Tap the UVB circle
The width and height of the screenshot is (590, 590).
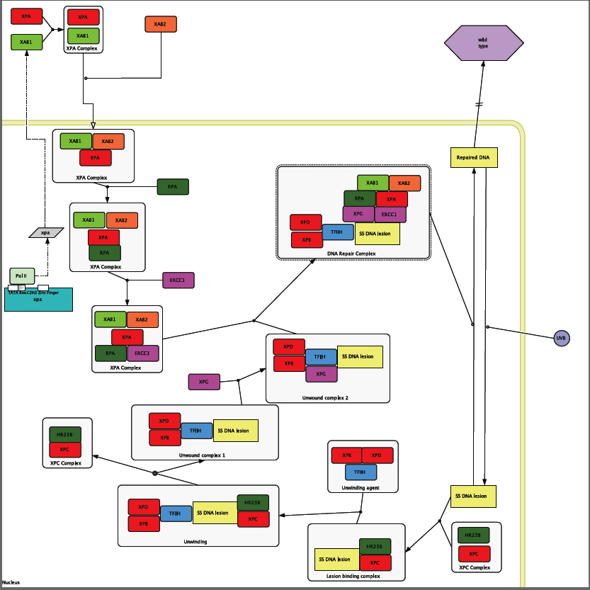561,338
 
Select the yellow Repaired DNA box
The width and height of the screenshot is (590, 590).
474,157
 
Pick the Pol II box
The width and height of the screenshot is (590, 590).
21,276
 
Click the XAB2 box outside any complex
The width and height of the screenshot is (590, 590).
161,24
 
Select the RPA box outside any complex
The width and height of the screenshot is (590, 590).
172,187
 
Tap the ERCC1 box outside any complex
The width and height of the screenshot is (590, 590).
178,280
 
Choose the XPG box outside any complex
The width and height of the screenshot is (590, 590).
204,382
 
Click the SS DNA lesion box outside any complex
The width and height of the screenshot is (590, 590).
473,497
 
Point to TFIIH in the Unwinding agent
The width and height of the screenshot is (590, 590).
361,472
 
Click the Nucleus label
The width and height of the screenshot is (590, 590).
11,582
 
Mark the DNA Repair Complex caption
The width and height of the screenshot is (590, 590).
351,253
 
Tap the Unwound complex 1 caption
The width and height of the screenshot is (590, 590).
203,454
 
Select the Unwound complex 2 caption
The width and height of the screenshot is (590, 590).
325,397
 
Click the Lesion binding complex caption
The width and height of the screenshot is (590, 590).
353,576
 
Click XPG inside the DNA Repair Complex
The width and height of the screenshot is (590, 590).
358,214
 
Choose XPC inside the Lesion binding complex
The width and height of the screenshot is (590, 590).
375,563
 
